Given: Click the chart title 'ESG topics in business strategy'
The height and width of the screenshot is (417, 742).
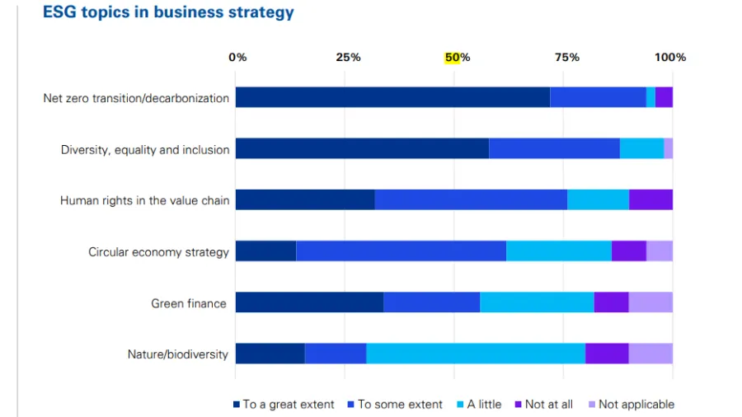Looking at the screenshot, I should point(168,13).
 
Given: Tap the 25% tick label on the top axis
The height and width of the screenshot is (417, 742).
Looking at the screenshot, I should point(348,58).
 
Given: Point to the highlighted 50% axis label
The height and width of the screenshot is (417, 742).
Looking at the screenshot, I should point(458,58).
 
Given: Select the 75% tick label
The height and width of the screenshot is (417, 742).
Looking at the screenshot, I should point(566,58).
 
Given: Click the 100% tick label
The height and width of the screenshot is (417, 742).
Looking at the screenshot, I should point(670,58).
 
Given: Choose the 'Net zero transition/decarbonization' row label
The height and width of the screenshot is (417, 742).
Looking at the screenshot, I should point(136,98).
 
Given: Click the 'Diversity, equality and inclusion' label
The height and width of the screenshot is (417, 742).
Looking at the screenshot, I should point(145,149).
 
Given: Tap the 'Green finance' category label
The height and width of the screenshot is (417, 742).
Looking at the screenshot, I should point(189,303).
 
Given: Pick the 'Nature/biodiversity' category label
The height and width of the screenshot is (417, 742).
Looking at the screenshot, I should point(177,354).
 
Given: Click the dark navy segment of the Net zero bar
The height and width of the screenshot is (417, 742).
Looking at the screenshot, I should point(392,97).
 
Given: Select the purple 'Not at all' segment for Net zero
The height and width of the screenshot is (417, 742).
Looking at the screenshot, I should point(664,97).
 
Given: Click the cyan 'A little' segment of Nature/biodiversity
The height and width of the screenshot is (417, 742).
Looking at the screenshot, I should point(476,354).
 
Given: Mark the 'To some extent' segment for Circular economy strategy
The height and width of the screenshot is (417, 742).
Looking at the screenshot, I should point(401,251).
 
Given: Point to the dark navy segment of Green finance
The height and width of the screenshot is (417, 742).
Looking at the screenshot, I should point(309,302).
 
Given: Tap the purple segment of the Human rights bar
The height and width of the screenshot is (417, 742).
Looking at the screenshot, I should point(650,200).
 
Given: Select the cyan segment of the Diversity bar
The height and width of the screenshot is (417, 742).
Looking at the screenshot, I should point(641,148).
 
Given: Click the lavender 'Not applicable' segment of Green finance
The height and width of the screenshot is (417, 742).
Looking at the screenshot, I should point(650,302).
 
